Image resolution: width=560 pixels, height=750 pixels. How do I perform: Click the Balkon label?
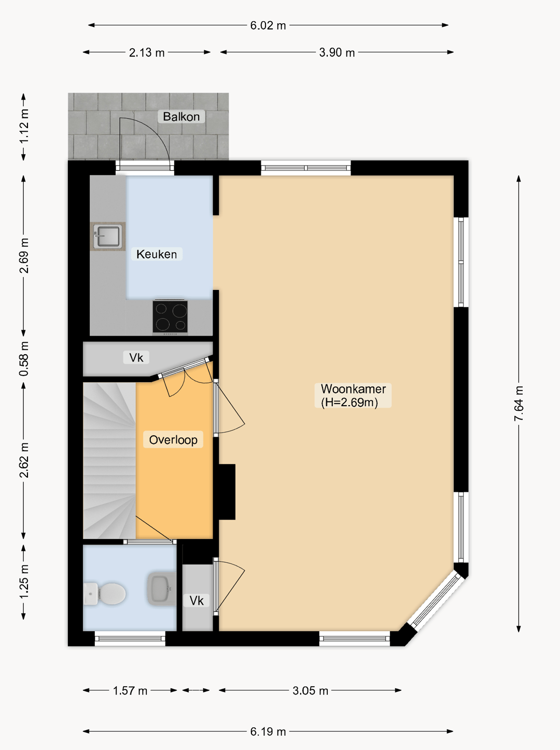[x=181, y=117]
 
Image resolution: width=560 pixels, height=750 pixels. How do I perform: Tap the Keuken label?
[x=157, y=254]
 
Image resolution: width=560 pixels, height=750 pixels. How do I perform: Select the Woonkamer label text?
[x=353, y=389]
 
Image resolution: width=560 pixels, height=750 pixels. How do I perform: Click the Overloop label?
[x=173, y=440]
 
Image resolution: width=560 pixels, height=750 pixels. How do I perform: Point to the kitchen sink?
[x=107, y=236]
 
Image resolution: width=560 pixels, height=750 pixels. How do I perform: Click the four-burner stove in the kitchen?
[x=170, y=316]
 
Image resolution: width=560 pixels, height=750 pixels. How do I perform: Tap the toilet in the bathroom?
[x=105, y=593]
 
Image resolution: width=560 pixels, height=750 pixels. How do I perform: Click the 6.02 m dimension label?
[x=268, y=25]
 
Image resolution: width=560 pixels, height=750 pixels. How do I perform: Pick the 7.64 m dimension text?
[x=519, y=403]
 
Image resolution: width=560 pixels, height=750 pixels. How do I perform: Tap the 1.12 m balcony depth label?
[x=24, y=127]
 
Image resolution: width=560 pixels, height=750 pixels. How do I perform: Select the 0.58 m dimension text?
[x=24, y=358]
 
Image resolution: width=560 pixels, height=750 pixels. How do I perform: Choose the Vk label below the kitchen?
[x=136, y=358]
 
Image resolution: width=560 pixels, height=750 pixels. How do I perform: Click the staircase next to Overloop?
[x=109, y=461]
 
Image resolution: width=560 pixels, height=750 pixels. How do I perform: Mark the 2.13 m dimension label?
[x=147, y=52]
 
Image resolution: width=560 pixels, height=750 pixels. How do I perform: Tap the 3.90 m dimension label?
[x=337, y=52]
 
